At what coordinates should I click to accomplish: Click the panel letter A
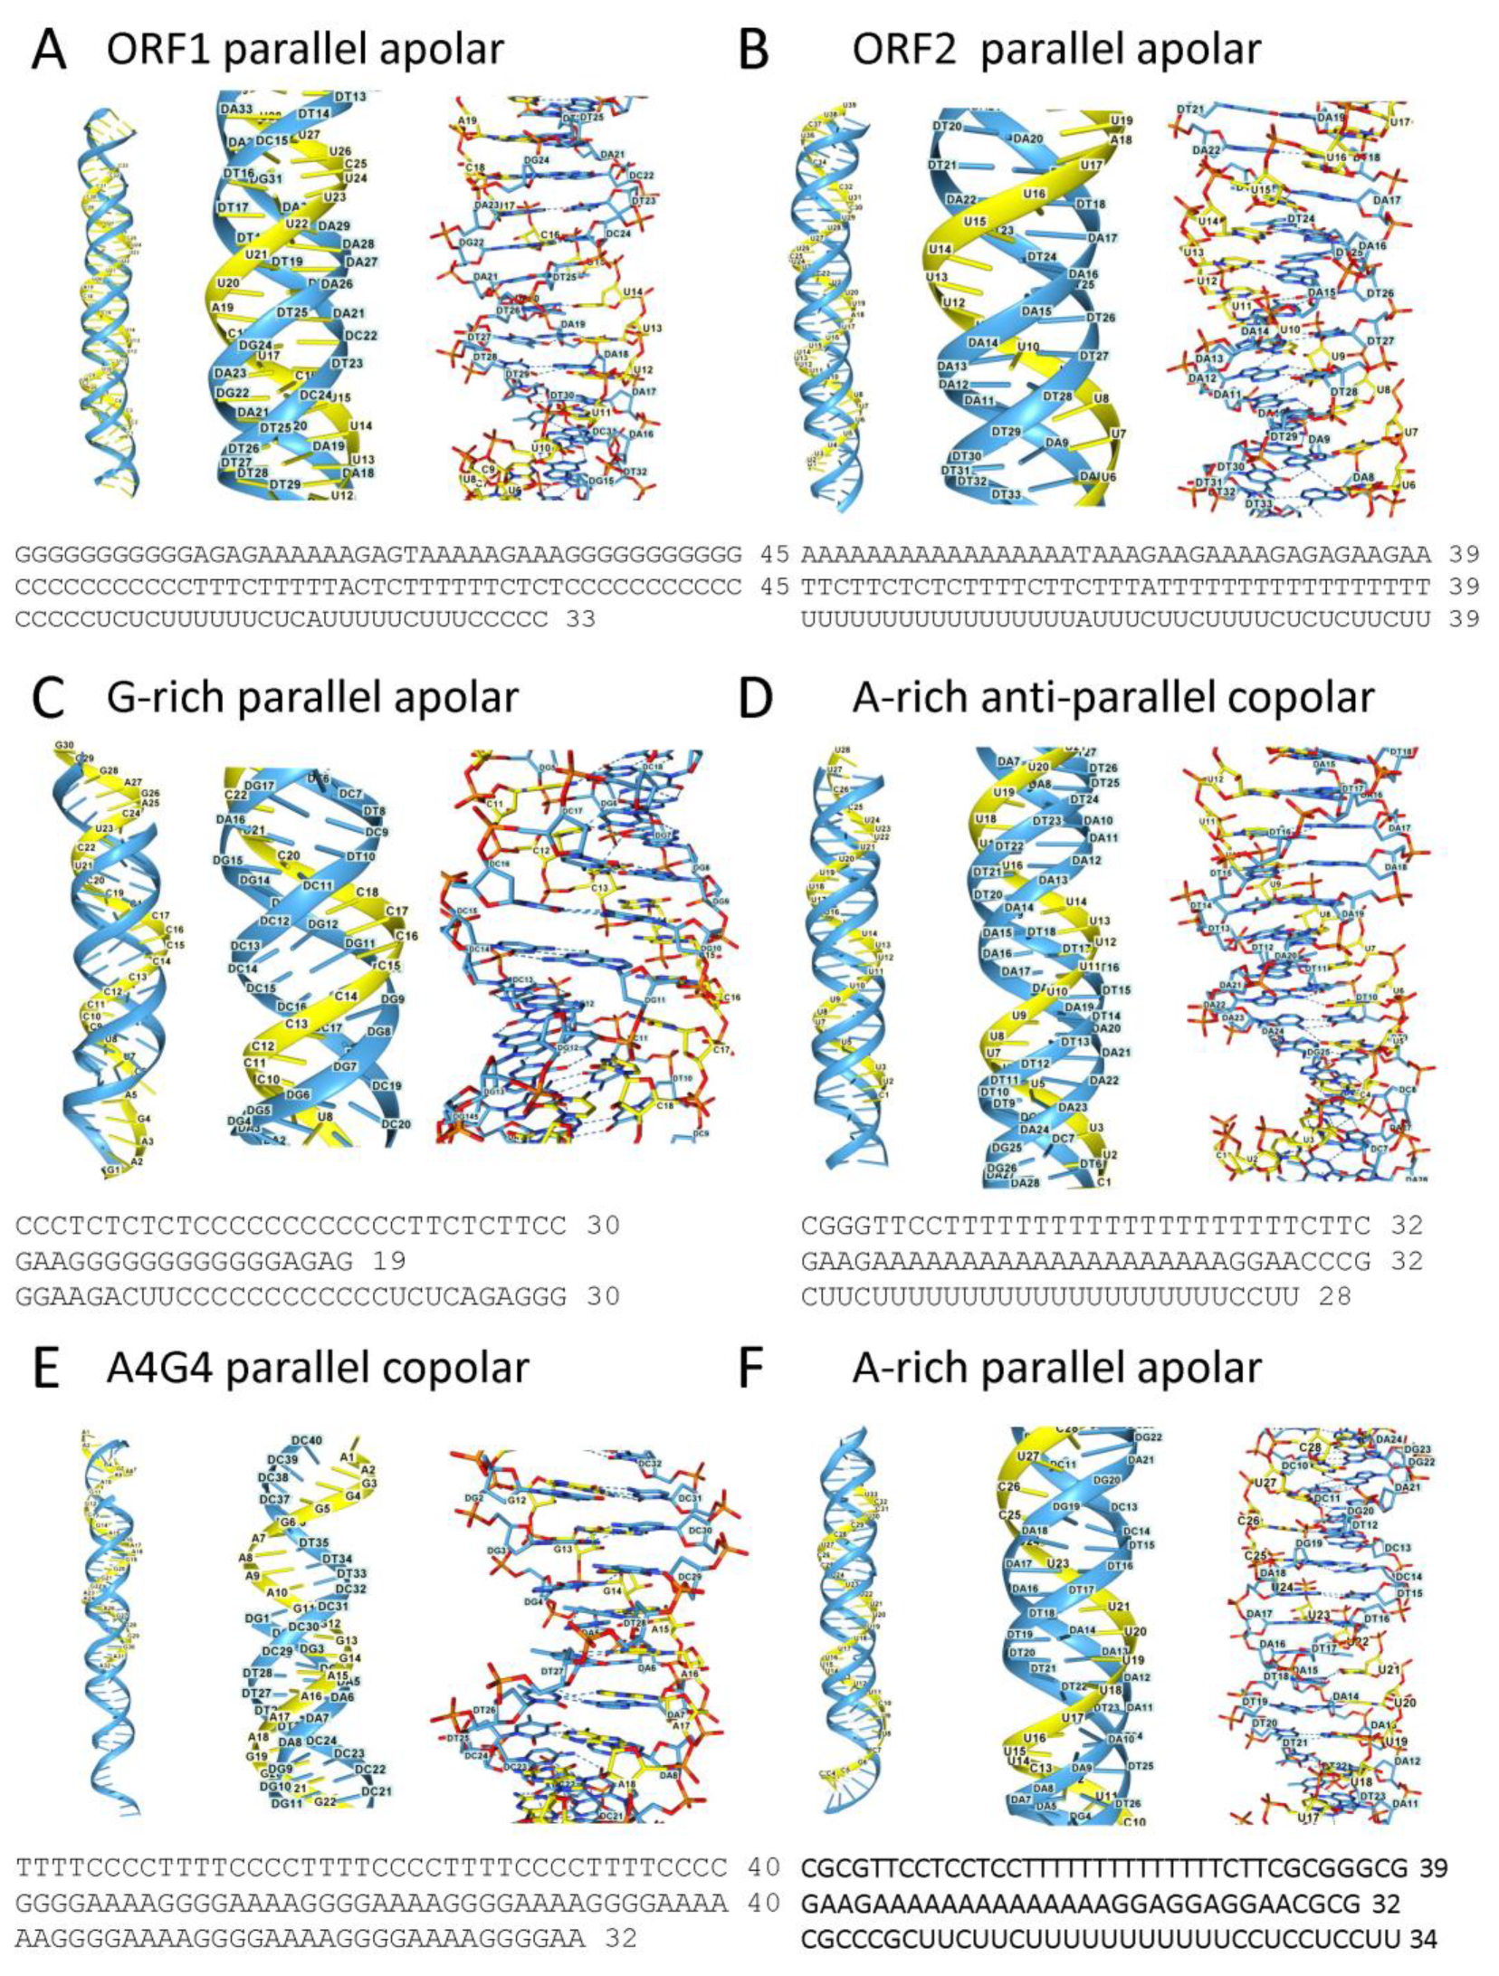tap(48, 51)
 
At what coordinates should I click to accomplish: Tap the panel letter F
tap(753, 1369)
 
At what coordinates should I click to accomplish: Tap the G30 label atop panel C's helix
tap(64, 745)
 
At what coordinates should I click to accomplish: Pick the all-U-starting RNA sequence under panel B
tap(1115, 619)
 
